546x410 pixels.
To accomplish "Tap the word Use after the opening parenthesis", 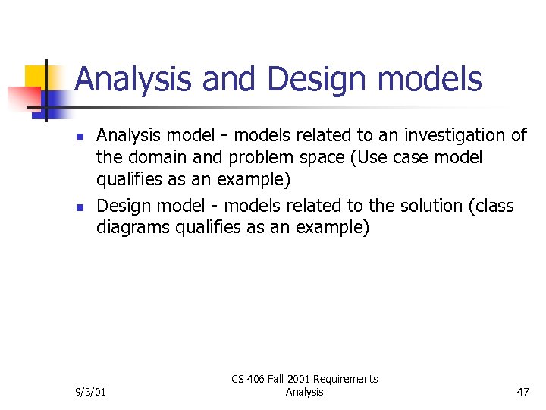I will click(x=369, y=158).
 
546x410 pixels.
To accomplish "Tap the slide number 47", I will click(x=522, y=392).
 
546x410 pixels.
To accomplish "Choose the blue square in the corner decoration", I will click(x=53, y=99).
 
